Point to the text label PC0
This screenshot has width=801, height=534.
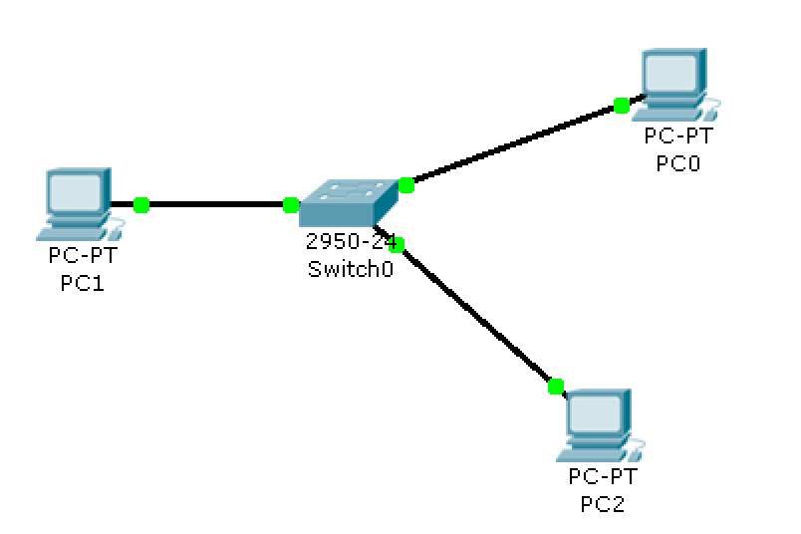(678, 163)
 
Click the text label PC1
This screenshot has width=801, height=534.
(82, 282)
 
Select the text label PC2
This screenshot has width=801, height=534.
(602, 503)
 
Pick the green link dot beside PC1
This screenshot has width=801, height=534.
(140, 204)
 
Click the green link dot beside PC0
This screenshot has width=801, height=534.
(622, 105)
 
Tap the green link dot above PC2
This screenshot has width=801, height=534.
(556, 386)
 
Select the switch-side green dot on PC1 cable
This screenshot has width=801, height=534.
(290, 205)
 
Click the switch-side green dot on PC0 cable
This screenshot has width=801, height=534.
(405, 184)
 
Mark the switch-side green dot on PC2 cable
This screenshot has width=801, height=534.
(396, 244)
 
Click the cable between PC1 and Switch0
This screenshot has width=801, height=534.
(214, 205)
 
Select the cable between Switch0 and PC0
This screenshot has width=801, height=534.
(513, 144)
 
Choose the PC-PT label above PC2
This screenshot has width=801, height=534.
(602, 478)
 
